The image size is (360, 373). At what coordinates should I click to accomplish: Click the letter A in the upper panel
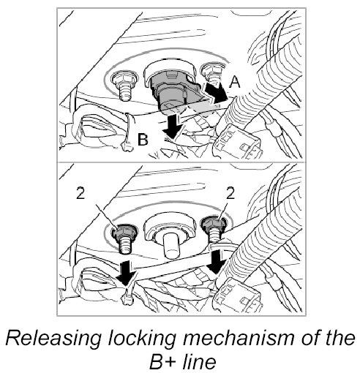[x=235, y=82]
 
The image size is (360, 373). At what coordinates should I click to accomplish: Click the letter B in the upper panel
[x=143, y=140]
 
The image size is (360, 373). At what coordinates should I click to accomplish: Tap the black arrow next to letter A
[x=216, y=92]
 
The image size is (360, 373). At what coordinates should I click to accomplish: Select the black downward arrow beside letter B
[x=173, y=127]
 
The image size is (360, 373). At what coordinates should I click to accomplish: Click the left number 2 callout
[x=80, y=194]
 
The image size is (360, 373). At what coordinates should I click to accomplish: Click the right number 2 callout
[x=230, y=193]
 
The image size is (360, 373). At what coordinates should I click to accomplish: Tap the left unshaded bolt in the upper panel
[x=124, y=86]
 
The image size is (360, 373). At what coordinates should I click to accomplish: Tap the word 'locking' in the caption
[x=142, y=339]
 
